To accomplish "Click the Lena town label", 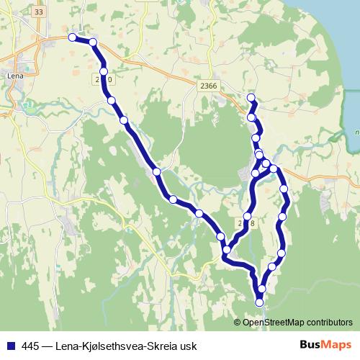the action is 14,74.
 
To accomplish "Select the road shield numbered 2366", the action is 210,85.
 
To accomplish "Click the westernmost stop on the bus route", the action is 71,37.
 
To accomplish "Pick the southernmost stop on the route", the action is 260,303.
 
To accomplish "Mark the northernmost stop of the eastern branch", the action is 251,97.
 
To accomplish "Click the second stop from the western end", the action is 93,43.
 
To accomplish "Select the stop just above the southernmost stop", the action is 261,288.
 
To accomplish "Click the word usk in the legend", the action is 189,345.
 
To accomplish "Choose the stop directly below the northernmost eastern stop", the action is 251,117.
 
